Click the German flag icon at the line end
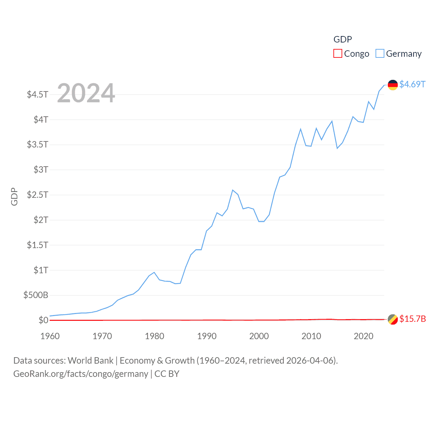tap(393, 85)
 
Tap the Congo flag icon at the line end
tap(393, 319)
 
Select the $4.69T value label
tap(412, 84)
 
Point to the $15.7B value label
tap(413, 319)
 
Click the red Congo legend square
tap(337, 54)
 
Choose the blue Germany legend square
tap(380, 54)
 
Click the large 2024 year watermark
tap(86, 93)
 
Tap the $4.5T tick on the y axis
tap(38, 94)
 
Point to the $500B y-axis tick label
tap(36, 295)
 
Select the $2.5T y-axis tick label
tap(38, 195)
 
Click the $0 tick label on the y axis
tap(43, 320)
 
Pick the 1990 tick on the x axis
tap(207, 336)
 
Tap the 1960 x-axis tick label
tap(50, 336)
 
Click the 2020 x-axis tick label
tap(363, 336)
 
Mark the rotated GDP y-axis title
tap(14, 196)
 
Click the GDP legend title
tap(343, 39)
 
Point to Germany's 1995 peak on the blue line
tap(232, 190)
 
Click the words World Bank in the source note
tap(90, 360)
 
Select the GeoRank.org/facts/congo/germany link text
tap(81, 374)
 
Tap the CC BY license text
tap(167, 374)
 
